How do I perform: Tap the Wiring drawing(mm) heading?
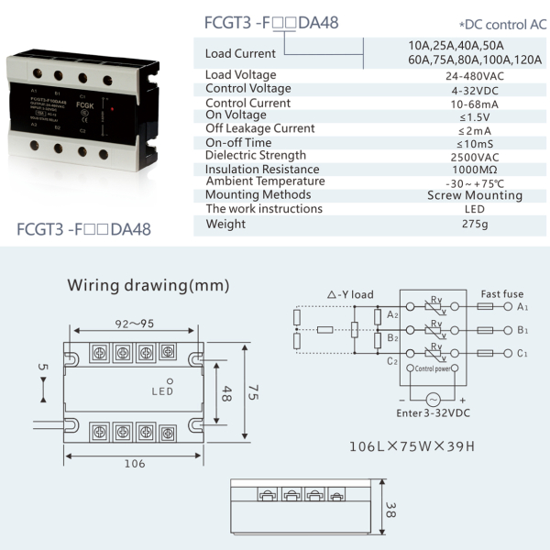coord(148,285)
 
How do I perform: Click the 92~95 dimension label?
coord(135,323)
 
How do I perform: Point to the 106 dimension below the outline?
coord(134,463)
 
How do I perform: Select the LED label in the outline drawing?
coord(162,390)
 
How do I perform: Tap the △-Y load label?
coord(350,294)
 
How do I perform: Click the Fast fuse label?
coord(501,294)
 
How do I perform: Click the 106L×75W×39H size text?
coord(412,447)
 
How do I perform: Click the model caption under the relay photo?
coord(83,229)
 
